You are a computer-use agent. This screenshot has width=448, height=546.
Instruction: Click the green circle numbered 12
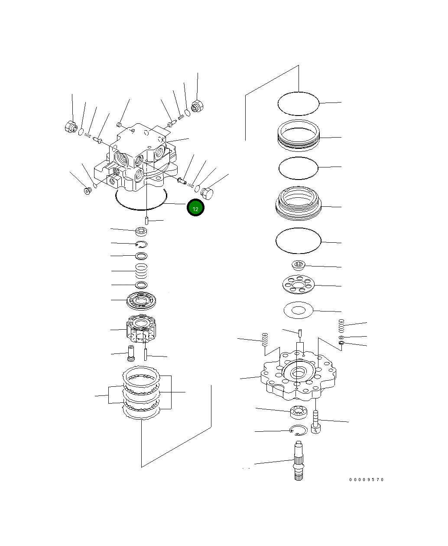(x=195, y=208)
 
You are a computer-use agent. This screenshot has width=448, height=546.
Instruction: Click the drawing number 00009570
(x=367, y=479)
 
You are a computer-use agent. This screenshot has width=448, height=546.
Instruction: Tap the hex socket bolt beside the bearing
(x=316, y=422)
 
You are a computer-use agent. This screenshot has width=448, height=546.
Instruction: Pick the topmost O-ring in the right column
(x=298, y=103)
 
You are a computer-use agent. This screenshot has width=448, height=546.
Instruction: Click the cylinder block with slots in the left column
(x=141, y=330)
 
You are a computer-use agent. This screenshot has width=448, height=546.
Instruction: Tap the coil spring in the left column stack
(x=141, y=271)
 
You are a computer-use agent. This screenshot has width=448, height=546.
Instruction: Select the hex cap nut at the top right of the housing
(x=197, y=106)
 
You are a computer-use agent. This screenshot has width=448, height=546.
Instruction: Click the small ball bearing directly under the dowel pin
(x=141, y=231)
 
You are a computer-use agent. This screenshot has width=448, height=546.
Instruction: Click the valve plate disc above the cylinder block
(x=141, y=301)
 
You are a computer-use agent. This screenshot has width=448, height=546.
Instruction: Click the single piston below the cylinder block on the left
(x=130, y=353)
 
